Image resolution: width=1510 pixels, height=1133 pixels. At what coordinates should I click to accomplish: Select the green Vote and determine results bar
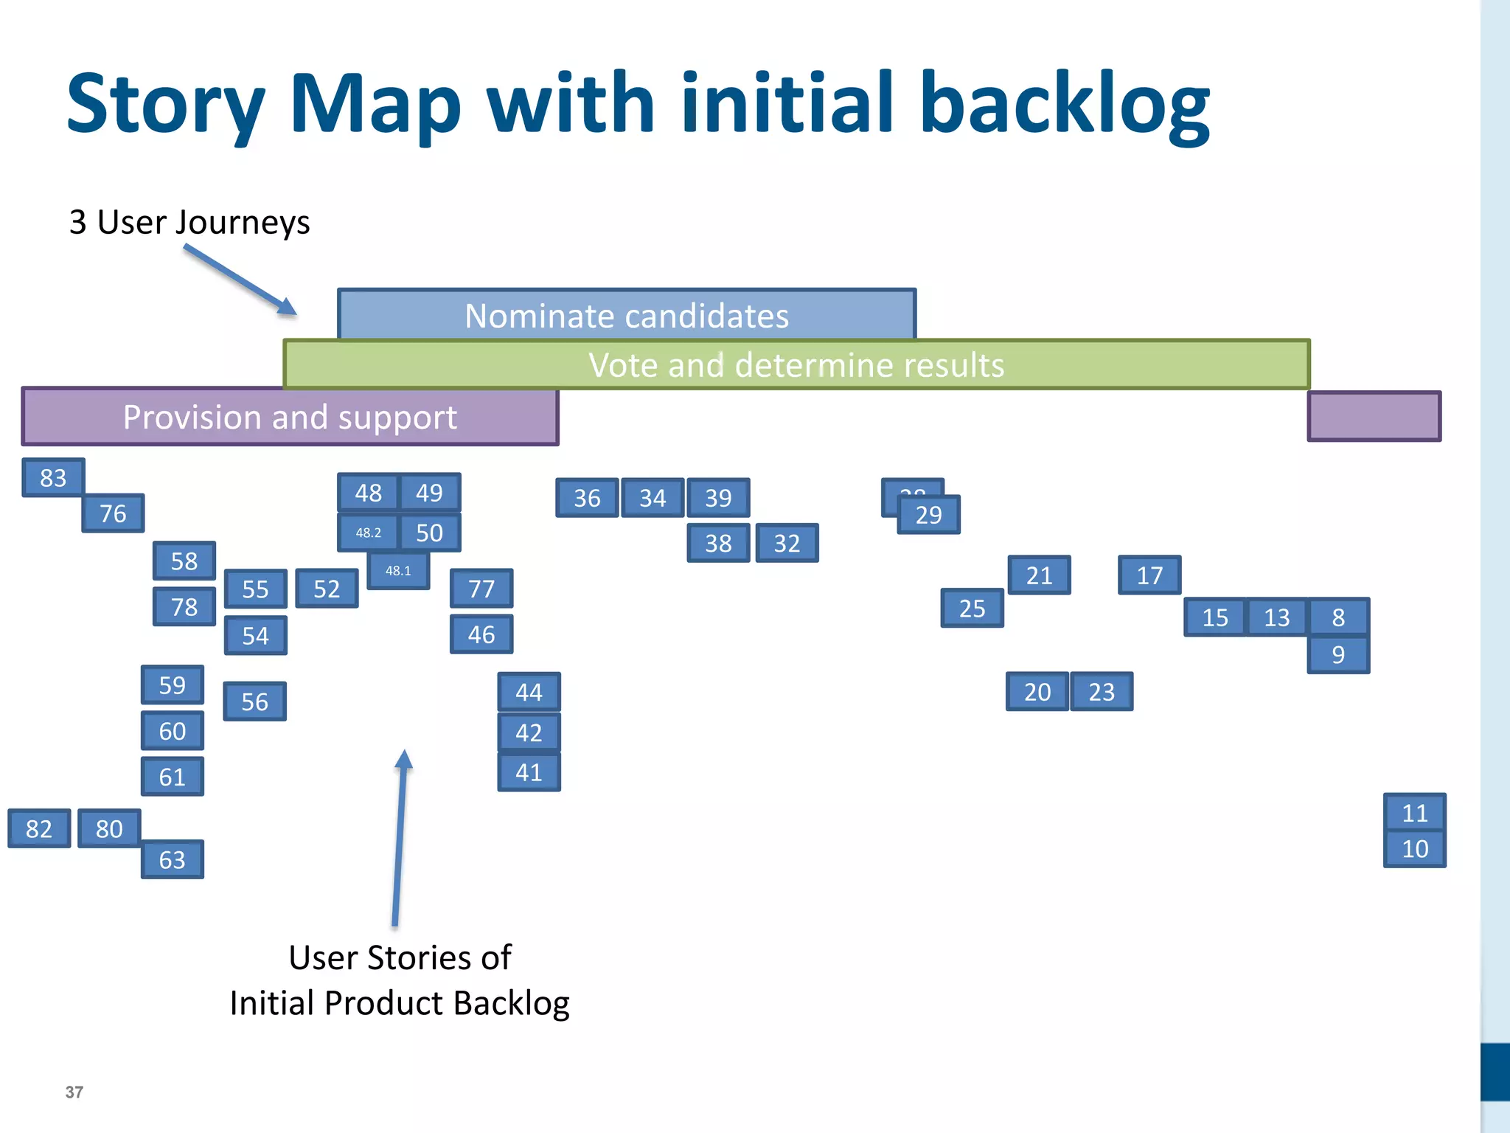pos(796,364)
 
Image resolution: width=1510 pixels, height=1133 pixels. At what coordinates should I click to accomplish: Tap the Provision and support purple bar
pos(290,417)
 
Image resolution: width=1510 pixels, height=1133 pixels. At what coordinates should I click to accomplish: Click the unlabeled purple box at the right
pos(1374,417)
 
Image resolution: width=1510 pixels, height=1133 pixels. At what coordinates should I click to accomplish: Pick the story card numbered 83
pos(53,478)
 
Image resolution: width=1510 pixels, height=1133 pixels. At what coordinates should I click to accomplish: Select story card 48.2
pos(368,533)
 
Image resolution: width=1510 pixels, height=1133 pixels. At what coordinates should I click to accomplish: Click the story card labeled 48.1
pos(398,571)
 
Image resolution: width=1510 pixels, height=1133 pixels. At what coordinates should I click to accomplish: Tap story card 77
pos(481,589)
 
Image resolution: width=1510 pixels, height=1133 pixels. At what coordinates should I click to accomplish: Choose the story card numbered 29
pos(929,515)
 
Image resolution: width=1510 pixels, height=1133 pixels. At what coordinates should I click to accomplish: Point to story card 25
pos(972,609)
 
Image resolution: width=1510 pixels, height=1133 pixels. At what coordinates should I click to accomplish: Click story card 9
pos(1338,655)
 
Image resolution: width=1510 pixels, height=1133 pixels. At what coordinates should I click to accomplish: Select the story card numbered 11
pos(1414,813)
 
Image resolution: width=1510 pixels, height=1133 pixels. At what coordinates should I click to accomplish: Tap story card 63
pos(172,860)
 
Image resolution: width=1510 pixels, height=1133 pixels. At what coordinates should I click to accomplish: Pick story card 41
pos(529,772)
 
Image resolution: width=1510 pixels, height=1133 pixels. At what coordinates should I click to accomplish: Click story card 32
pos(787,544)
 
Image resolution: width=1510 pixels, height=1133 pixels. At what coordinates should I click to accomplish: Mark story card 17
pos(1149,575)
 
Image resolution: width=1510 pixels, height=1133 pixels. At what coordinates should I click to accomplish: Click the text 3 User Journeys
pos(189,222)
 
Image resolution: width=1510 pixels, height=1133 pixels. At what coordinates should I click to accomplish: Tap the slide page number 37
pos(74,1092)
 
